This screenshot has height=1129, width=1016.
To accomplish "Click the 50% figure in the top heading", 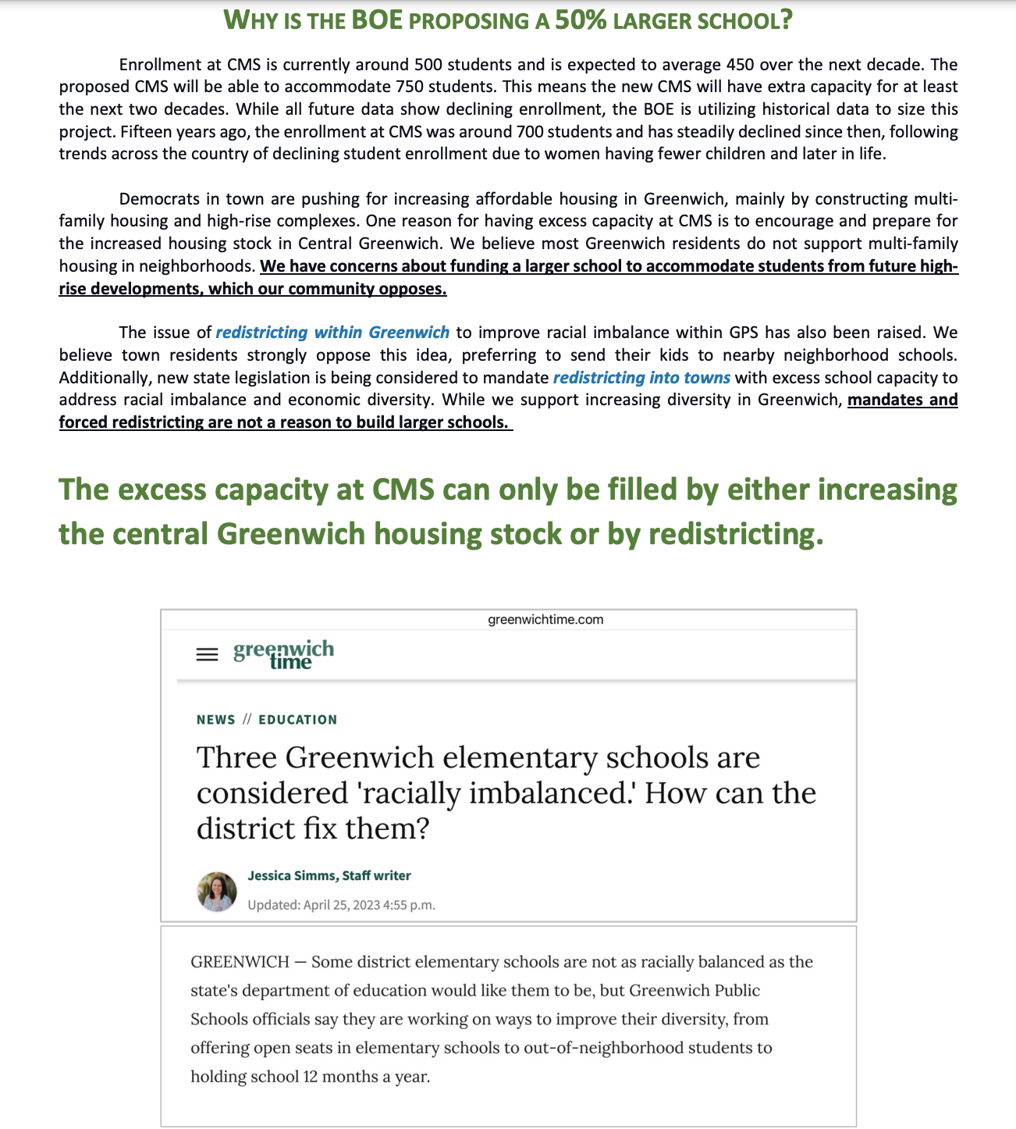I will point(581,20).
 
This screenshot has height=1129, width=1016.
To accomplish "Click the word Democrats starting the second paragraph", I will point(155,199).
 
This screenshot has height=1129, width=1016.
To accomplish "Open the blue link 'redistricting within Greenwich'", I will point(332,333).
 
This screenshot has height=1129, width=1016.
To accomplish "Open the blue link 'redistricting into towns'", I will point(641,378).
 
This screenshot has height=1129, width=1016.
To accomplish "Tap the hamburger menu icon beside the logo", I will point(207,654).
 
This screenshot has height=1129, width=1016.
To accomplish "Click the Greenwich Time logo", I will point(283,654).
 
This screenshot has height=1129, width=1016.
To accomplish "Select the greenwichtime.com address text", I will point(545,620).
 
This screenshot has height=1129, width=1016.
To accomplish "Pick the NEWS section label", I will point(216,720).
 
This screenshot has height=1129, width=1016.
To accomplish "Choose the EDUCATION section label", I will point(298,720).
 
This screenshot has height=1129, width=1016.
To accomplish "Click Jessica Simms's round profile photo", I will point(217,892).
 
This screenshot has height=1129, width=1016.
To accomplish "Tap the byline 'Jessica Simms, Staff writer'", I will point(329,876).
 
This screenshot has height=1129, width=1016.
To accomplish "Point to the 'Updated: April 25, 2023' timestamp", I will point(341,906).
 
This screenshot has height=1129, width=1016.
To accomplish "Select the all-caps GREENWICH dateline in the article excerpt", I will point(240,962).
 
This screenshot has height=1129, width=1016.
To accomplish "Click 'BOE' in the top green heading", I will point(377,20).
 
